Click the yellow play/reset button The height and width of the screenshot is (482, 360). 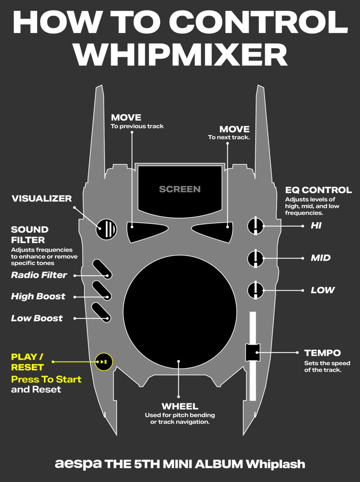(104, 362)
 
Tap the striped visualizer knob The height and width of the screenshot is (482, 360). (107, 229)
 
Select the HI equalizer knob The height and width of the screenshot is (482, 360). (256, 226)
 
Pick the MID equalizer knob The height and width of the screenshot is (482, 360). (256, 258)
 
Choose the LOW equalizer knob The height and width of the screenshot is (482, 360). (256, 290)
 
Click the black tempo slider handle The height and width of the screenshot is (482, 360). (252, 352)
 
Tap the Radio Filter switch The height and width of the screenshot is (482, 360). (102, 269)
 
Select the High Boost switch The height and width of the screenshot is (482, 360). (102, 291)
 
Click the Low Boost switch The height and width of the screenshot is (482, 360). (101, 313)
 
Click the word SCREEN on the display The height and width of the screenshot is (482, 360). (180, 189)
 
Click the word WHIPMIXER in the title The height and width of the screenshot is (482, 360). (180, 55)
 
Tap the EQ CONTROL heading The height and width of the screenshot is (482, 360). (318, 190)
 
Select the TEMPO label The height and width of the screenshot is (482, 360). (322, 353)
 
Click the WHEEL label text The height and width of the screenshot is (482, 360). (180, 406)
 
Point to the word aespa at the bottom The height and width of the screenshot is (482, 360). (78, 464)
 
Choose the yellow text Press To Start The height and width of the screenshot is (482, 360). (46, 379)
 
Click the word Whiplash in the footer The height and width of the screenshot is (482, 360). (275, 464)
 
